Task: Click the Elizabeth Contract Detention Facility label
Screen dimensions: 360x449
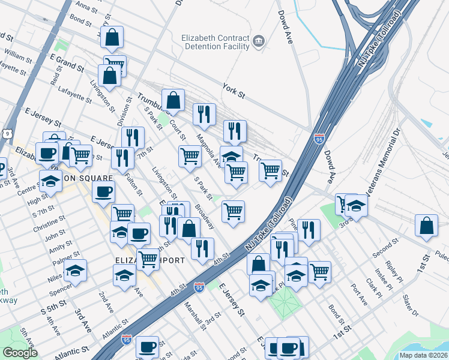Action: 215,41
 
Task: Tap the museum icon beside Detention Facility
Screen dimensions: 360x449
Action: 259,41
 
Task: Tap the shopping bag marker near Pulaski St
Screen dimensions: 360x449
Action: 426,226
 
